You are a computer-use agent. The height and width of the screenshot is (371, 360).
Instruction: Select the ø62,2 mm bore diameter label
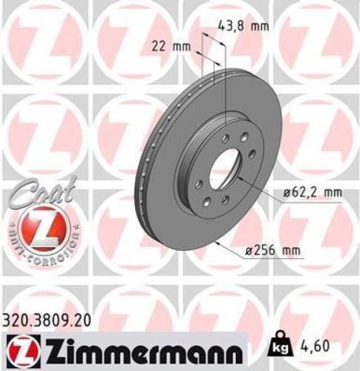point(311,193)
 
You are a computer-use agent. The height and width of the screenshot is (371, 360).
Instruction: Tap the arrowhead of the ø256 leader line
point(215,243)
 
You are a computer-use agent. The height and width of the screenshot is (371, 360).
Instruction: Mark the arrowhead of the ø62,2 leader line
point(240,179)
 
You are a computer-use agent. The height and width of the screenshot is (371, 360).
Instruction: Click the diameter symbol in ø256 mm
point(249,251)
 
